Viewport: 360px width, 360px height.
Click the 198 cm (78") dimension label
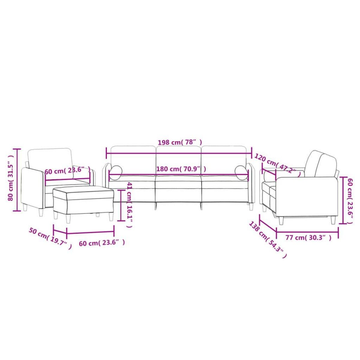click(180, 142)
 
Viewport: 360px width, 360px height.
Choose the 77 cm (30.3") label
click(308, 238)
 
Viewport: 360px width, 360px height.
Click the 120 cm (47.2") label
click(277, 166)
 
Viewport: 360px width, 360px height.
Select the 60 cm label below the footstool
click(102, 243)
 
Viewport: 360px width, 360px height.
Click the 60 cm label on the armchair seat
click(67, 171)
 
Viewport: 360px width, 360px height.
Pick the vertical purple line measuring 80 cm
click(18, 180)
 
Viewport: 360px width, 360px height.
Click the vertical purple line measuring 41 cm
click(121, 205)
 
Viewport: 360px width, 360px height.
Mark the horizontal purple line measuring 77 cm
click(307, 230)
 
